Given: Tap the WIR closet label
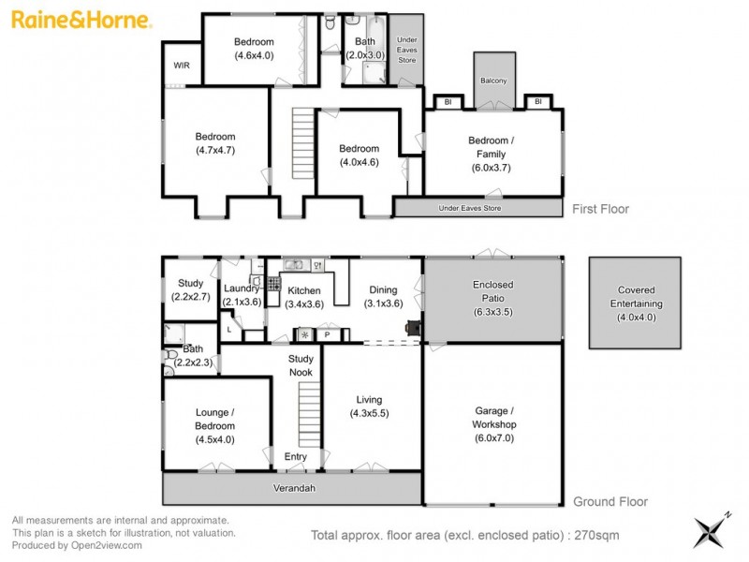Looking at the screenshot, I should [x=181, y=66].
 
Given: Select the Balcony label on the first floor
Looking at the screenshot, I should [x=493, y=81].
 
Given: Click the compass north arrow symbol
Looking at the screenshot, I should [x=709, y=531].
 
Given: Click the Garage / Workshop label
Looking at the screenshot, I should [x=492, y=418].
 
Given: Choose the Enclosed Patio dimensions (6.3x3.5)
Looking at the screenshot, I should [x=492, y=311].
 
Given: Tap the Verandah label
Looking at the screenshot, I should [x=293, y=488].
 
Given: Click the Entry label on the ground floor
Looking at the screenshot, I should [x=295, y=456].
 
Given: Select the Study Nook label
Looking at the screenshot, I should [x=300, y=365].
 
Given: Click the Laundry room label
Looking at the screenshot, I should [x=242, y=289].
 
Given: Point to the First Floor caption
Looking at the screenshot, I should [x=600, y=209].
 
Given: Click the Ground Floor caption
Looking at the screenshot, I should [x=609, y=502].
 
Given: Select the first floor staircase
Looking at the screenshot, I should [x=301, y=142].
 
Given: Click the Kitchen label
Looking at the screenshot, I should [x=304, y=291].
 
